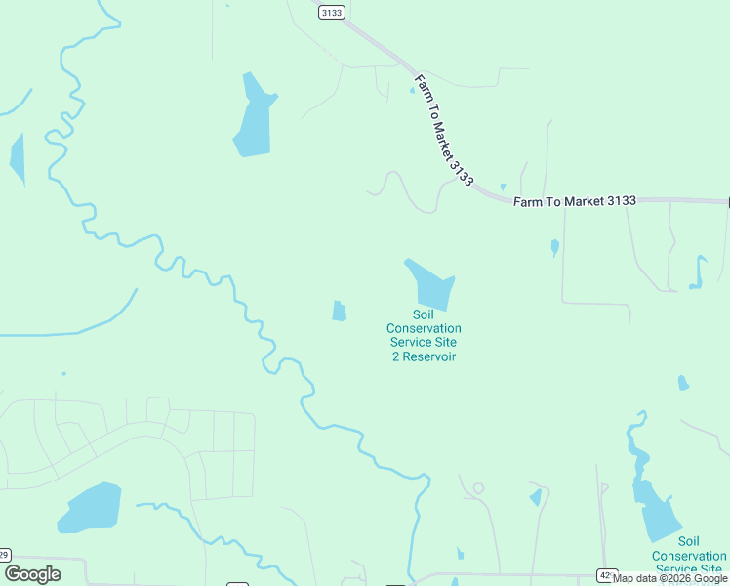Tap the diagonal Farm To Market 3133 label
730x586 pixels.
coord(443,130)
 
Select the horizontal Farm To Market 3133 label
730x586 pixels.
coord(575,201)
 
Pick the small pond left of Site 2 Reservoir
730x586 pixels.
coord(339,311)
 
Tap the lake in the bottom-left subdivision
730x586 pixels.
coord(90,508)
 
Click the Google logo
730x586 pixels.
coord(32,574)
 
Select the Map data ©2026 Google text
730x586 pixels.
coord(669,579)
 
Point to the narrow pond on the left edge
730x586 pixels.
coord(17,158)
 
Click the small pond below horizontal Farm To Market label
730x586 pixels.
coord(555,247)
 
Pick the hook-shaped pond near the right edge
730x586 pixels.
coord(698,273)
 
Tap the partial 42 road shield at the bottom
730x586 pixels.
coord(606,576)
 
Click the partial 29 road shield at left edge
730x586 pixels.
coord(4,555)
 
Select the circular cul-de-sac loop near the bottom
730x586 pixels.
coord(478,487)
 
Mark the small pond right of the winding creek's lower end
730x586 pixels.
coord(536,497)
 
